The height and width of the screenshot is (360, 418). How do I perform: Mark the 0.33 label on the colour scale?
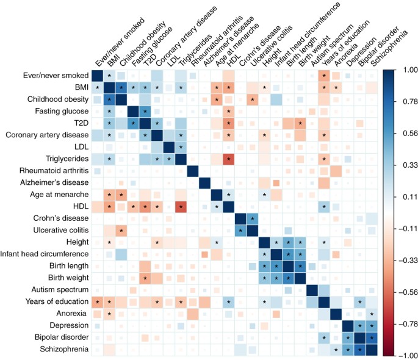click(x=404, y=165)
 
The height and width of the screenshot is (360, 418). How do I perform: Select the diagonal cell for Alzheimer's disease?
click(x=205, y=182)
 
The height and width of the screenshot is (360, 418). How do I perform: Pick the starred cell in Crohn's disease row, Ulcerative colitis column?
click(x=253, y=218)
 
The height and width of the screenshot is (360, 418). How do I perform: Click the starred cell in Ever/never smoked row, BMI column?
click(x=110, y=76)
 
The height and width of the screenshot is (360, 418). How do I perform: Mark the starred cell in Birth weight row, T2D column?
click(x=145, y=277)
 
